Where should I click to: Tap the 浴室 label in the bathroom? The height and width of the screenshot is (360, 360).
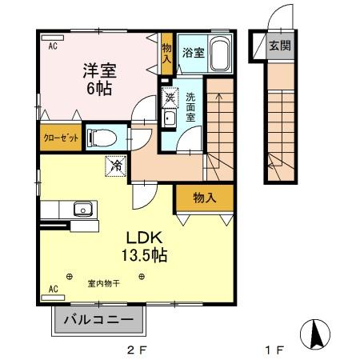(x=193, y=54)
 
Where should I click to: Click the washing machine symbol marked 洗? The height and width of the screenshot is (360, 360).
(x=170, y=98)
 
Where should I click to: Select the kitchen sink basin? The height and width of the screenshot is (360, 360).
(x=82, y=210)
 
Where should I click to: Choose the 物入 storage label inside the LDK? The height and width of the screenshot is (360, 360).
(x=205, y=197)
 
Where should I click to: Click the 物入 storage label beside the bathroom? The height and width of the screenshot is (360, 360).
(x=167, y=54)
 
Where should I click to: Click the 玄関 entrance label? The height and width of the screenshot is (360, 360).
(x=279, y=46)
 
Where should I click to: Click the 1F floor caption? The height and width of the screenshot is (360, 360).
(x=275, y=350)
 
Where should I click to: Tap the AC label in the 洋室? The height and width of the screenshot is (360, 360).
(x=52, y=46)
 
